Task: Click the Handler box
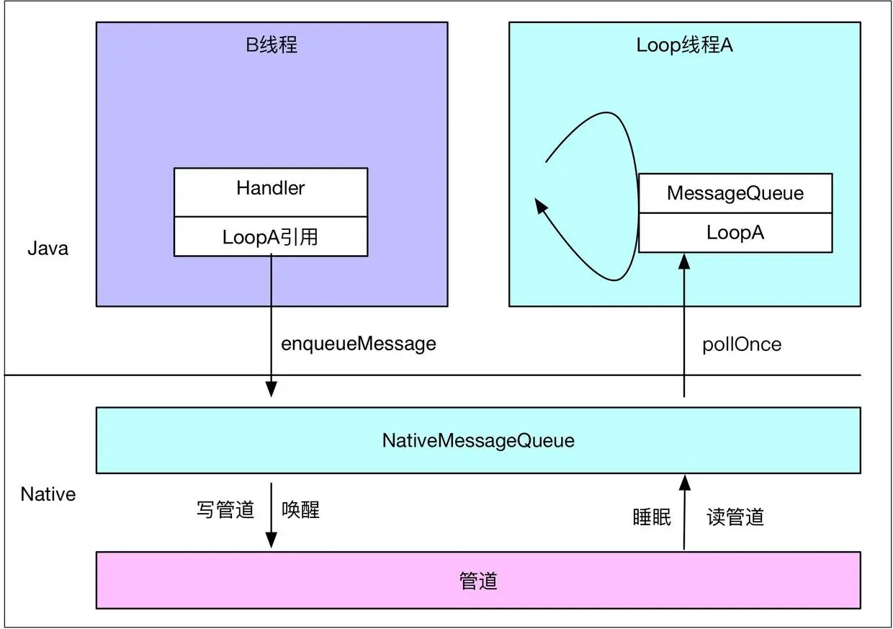coord(271,192)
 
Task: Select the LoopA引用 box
coord(271,236)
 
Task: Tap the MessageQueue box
coord(735,193)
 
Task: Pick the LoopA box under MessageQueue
coord(735,233)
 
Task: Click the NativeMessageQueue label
coord(478,441)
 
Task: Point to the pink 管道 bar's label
coord(478,580)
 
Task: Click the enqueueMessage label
coord(359,344)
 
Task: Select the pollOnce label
coord(742,344)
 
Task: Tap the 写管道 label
coord(225,509)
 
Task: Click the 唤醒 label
coord(300,509)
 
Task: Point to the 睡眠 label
coord(652,517)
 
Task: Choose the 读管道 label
coord(735,517)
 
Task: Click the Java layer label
coord(48,249)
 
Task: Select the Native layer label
coord(48,494)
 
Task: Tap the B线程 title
coord(272,44)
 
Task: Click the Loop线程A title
coord(684,45)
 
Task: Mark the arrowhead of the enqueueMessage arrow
coord(271,389)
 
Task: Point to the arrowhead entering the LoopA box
coord(684,261)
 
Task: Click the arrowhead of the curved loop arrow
coord(541,205)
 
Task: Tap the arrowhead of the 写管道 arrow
coord(271,540)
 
